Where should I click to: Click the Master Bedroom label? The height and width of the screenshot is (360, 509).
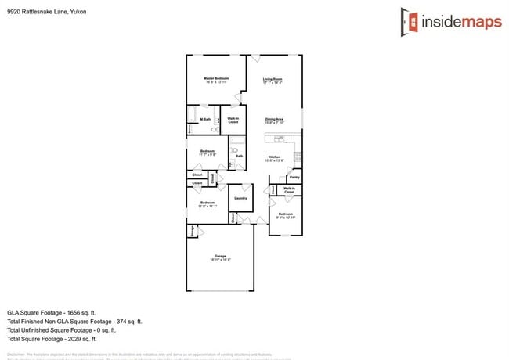(x=216, y=80)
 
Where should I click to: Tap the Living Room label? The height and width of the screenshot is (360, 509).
(x=273, y=80)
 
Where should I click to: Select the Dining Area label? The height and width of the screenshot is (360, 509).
(x=274, y=120)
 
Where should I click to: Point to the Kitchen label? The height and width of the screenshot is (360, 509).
(x=274, y=158)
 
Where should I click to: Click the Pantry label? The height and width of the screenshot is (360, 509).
(x=294, y=178)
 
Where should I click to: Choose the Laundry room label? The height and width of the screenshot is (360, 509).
(x=240, y=198)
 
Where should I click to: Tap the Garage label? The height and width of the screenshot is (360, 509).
(x=220, y=257)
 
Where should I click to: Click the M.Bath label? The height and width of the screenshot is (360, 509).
(x=205, y=119)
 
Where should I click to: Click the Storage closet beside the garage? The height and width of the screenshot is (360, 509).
(x=190, y=231)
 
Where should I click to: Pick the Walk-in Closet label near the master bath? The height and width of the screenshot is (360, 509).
(x=233, y=121)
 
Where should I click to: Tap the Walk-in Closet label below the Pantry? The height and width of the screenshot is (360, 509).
(x=289, y=189)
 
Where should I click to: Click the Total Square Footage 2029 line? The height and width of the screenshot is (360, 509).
(x=52, y=339)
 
